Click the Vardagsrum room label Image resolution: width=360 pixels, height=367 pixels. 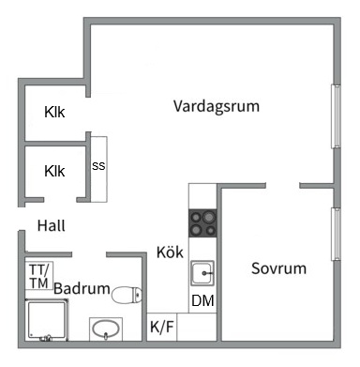[216, 105]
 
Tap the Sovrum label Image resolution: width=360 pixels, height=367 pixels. [278, 268]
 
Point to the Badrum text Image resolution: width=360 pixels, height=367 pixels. [82, 289]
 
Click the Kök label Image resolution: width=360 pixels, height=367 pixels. [170, 252]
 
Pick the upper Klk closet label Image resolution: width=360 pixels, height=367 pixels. [54, 113]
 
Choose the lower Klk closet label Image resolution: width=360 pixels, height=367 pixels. [54, 171]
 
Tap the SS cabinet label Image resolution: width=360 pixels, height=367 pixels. [98, 166]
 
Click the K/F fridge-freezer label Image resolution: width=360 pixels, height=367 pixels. [161, 328]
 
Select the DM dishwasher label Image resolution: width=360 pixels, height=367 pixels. [202, 301]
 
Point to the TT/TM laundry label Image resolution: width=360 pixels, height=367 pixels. [38, 275]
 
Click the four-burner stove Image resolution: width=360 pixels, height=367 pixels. [202, 224]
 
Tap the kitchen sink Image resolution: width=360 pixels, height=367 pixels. [202, 274]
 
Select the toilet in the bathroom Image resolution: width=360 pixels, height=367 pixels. [126, 295]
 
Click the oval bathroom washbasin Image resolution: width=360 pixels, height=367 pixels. [105, 330]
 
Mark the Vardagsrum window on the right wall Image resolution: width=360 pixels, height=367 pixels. [335, 116]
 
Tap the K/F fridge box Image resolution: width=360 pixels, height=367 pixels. [161, 327]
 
